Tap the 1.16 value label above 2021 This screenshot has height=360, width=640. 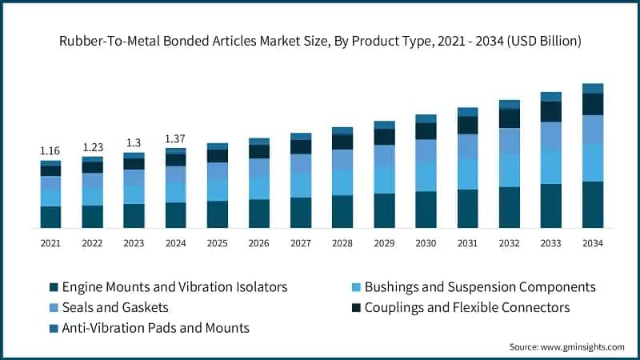(50, 150)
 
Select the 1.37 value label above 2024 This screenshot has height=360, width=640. (175, 138)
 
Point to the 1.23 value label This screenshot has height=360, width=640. (92, 147)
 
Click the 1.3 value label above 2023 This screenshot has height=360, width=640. (134, 142)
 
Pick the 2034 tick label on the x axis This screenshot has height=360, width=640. (592, 242)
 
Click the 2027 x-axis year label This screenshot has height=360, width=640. (301, 242)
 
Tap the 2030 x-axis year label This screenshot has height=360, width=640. (426, 242)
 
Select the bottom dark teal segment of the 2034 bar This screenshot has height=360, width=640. (592, 205)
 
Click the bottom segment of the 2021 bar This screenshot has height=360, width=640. (50, 217)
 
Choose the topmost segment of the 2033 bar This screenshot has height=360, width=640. (550, 97)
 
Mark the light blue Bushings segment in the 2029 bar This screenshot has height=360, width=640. (384, 179)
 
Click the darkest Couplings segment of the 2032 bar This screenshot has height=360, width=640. (509, 118)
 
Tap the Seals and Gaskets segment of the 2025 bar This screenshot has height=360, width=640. (218, 170)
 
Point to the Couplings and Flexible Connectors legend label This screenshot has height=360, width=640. (478, 307)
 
